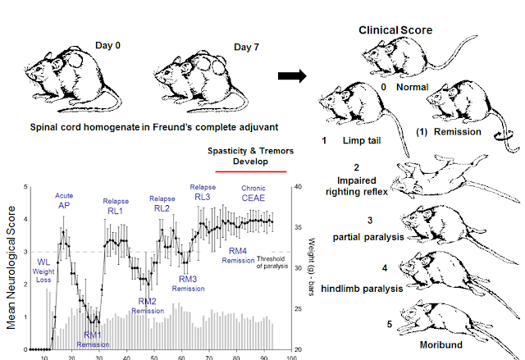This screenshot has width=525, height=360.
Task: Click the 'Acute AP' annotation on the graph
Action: pos(65,201)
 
